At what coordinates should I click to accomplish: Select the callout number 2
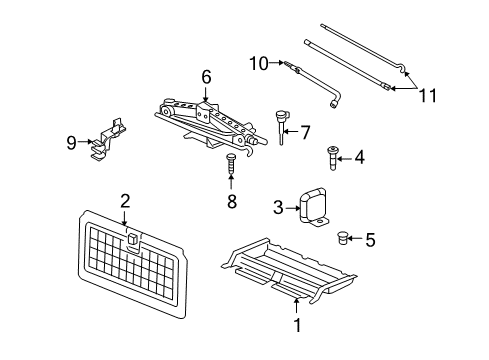(x=125, y=202)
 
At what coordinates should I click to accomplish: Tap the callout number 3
(x=279, y=208)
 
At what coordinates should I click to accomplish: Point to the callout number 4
(x=359, y=155)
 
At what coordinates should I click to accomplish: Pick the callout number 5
(x=370, y=239)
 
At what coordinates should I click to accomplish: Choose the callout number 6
(x=206, y=76)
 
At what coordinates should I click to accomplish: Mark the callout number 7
(x=306, y=131)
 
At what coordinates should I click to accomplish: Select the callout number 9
(x=71, y=142)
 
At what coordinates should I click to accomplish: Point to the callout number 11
(x=427, y=95)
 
